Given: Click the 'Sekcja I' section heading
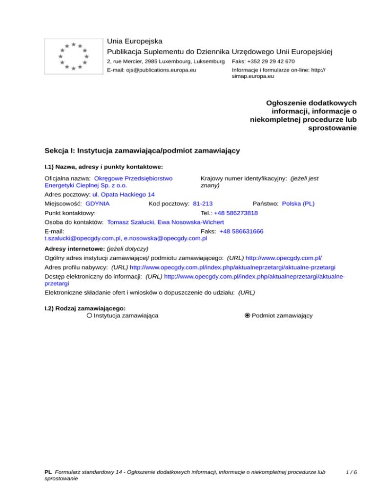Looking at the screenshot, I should pyautogui.click(x=142, y=151).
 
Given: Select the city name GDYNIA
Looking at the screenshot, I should pyautogui.click(x=97, y=203).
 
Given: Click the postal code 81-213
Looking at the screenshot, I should pyautogui.click(x=203, y=203).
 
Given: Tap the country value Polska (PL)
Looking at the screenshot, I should pyautogui.click(x=298, y=203).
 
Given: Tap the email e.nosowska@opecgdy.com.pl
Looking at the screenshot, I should pyautogui.click(x=166, y=239).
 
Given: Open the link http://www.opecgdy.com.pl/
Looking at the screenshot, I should pyautogui.click(x=284, y=257).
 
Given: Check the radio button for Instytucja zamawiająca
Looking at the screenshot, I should pyautogui.click(x=89, y=315).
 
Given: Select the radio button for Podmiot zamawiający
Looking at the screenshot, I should pyautogui.click(x=248, y=315).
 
